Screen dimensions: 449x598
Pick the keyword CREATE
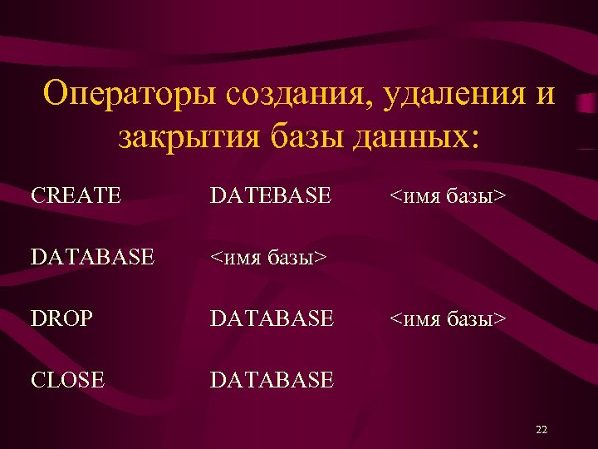[76, 196]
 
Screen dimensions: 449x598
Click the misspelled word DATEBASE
[271, 196]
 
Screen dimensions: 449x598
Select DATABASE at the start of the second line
[92, 258]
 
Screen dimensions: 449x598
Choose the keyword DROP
[64, 318]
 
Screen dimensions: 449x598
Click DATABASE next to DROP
[272, 318]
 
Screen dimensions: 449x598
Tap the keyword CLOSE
[68, 380]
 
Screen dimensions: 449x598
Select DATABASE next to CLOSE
[272, 380]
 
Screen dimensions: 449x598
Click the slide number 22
[542, 430]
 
